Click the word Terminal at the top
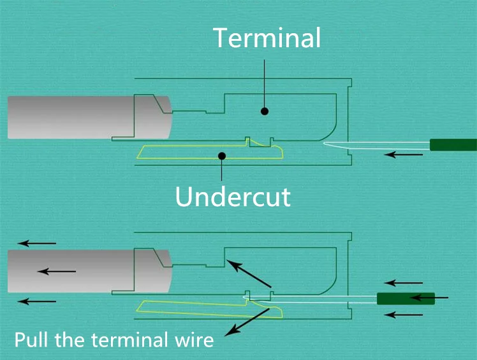pyautogui.click(x=267, y=38)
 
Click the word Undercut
pyautogui.click(x=233, y=197)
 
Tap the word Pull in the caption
pyautogui.click(x=31, y=340)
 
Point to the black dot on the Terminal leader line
pyautogui.click(x=265, y=111)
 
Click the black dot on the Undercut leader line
pyautogui.click(x=222, y=156)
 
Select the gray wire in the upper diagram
pyautogui.click(x=90, y=117)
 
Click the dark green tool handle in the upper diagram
pyautogui.click(x=453, y=145)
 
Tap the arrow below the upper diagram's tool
pyautogui.click(x=404, y=154)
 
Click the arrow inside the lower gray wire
pyautogui.click(x=57, y=271)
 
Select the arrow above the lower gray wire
pyautogui.click(x=37, y=243)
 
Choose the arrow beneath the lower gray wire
pyautogui.click(x=37, y=301)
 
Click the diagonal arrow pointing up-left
pyautogui.click(x=249, y=274)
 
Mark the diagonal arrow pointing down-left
pyautogui.click(x=247, y=322)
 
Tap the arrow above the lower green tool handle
pyautogui.click(x=404, y=283)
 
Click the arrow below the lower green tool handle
pyautogui.click(x=404, y=315)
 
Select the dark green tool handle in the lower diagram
pyautogui.click(x=406, y=299)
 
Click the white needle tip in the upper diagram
pyautogui.click(x=324, y=143)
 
